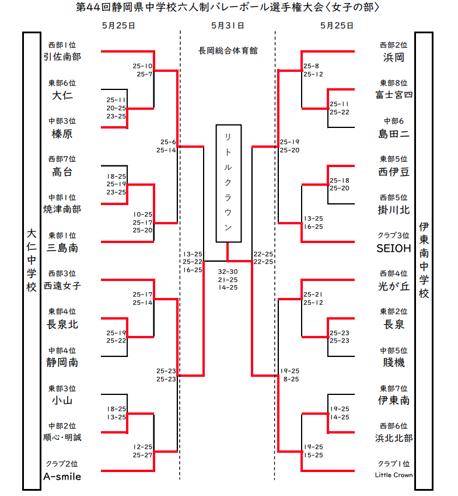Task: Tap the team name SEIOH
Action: click(x=394, y=248)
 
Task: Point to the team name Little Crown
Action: click(x=394, y=475)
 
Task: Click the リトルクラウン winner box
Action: click(x=229, y=183)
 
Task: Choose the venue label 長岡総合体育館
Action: click(x=228, y=51)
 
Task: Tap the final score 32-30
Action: click(x=228, y=272)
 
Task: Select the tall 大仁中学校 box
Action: click(x=32, y=260)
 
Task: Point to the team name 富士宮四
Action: click(x=394, y=95)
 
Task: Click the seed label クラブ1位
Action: click(x=394, y=464)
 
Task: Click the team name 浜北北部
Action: click(x=394, y=438)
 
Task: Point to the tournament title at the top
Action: click(x=228, y=8)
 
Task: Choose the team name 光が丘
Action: click(x=394, y=286)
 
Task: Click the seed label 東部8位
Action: click(x=394, y=83)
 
